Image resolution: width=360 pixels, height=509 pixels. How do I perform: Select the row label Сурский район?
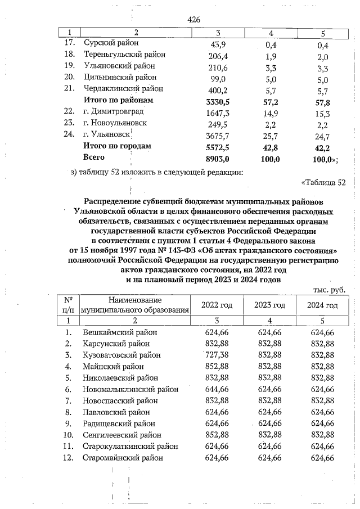pos(111,43)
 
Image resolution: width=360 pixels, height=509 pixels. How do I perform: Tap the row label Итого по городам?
pos(117,146)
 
